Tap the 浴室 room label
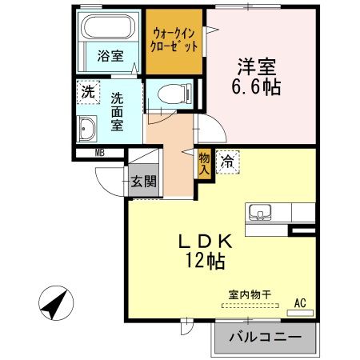pyautogui.click(x=110, y=56)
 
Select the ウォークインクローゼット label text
pyautogui.click(x=174, y=40)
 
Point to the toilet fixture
pyautogui.click(x=174, y=94)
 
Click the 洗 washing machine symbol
pyautogui.click(x=88, y=92)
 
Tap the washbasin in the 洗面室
pyautogui.click(x=86, y=129)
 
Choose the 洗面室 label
pyautogui.click(x=117, y=112)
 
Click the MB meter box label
pyautogui.click(x=100, y=153)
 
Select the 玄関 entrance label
pyautogui.click(x=143, y=182)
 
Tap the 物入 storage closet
pyautogui.click(x=205, y=164)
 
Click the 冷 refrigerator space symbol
pyautogui.click(x=227, y=162)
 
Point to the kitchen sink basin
pyautogui.click(x=260, y=212)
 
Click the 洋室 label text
pyautogui.click(x=257, y=66)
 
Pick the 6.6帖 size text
pyautogui.click(x=256, y=87)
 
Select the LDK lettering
pyautogui.click(x=206, y=242)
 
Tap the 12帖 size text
pyautogui.click(x=206, y=261)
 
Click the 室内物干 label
pyautogui.click(x=250, y=295)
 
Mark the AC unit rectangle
pyautogui.click(x=300, y=313)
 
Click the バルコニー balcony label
pyautogui.click(x=266, y=338)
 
